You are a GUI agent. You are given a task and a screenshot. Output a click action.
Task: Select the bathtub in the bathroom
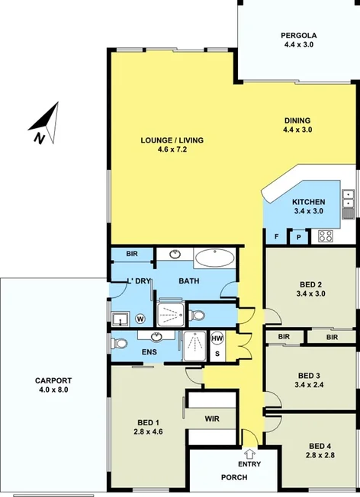tap(216, 258)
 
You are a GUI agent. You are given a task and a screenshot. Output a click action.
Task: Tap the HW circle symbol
tap(217, 338)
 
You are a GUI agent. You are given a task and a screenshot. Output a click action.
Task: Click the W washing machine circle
tap(140, 319)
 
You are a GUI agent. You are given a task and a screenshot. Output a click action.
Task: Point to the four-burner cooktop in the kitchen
tap(326, 236)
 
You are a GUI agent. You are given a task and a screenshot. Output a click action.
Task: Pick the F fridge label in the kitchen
tap(276, 236)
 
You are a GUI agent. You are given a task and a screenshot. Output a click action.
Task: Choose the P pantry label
tap(297, 237)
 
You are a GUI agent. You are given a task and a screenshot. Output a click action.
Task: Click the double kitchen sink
tap(349, 199)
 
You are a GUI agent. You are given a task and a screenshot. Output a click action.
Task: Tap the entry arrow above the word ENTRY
tap(249, 454)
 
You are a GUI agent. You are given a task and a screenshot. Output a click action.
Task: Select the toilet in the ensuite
tap(120, 343)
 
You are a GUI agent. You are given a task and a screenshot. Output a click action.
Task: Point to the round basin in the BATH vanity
tap(175, 254)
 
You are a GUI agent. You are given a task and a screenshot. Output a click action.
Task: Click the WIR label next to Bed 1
tap(212, 418)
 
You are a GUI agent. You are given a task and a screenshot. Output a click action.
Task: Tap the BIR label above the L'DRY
tap(131, 253)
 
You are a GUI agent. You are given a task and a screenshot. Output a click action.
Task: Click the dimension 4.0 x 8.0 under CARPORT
tap(53, 390)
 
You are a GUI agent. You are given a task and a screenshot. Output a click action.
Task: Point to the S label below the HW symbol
tap(217, 353)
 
